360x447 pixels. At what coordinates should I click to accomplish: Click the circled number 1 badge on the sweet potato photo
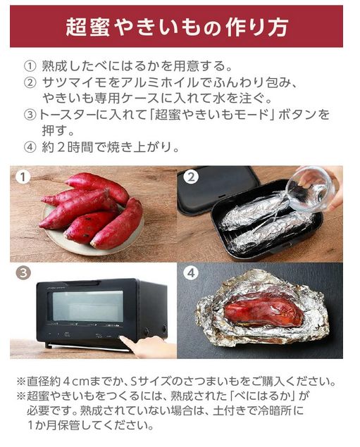pyautogui.click(x=23, y=177)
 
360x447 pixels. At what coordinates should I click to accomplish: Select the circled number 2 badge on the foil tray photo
pyautogui.click(x=192, y=177)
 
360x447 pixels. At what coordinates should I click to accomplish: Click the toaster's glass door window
pyautogui.click(x=87, y=307)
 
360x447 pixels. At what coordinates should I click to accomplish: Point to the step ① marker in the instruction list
pyautogui.click(x=29, y=67)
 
